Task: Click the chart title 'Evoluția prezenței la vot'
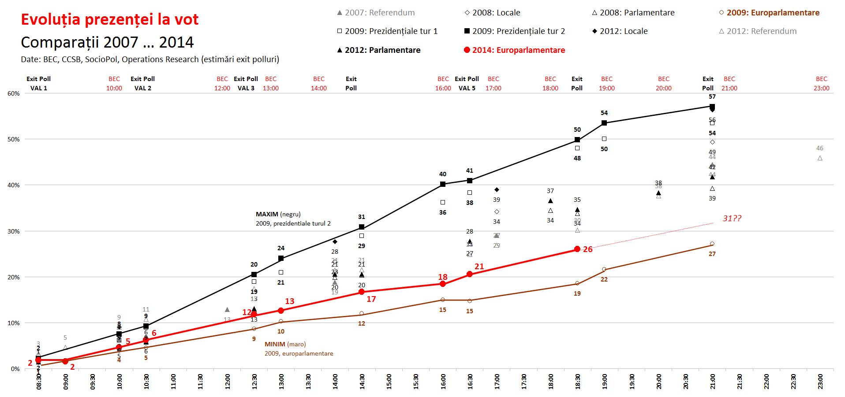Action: pyautogui.click(x=110, y=19)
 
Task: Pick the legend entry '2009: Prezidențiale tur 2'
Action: pyautogui.click(x=514, y=31)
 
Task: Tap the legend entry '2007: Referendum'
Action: pyautogui.click(x=376, y=13)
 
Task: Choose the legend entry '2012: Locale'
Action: pyautogui.click(x=620, y=31)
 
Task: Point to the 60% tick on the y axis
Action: pyautogui.click(x=14, y=93)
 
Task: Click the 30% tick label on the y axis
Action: pyautogui.click(x=14, y=231)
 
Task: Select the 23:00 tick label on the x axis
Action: pyautogui.click(x=820, y=382)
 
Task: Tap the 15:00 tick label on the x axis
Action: pyautogui.click(x=389, y=382)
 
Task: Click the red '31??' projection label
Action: pyautogui.click(x=732, y=219)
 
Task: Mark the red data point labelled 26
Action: pyautogui.click(x=577, y=249)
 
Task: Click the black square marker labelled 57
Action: pyautogui.click(x=712, y=106)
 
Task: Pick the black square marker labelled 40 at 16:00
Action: pyautogui.click(x=443, y=184)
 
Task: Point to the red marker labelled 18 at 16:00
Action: pyautogui.click(x=443, y=284)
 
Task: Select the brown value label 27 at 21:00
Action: pyautogui.click(x=712, y=254)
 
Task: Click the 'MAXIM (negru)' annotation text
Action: pyautogui.click(x=278, y=214)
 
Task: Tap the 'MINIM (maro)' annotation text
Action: pyautogui.click(x=285, y=344)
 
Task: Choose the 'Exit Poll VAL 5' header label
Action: pyautogui.click(x=467, y=83)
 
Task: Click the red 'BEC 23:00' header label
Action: pyautogui.click(x=821, y=83)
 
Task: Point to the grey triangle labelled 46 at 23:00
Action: pyautogui.click(x=820, y=158)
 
